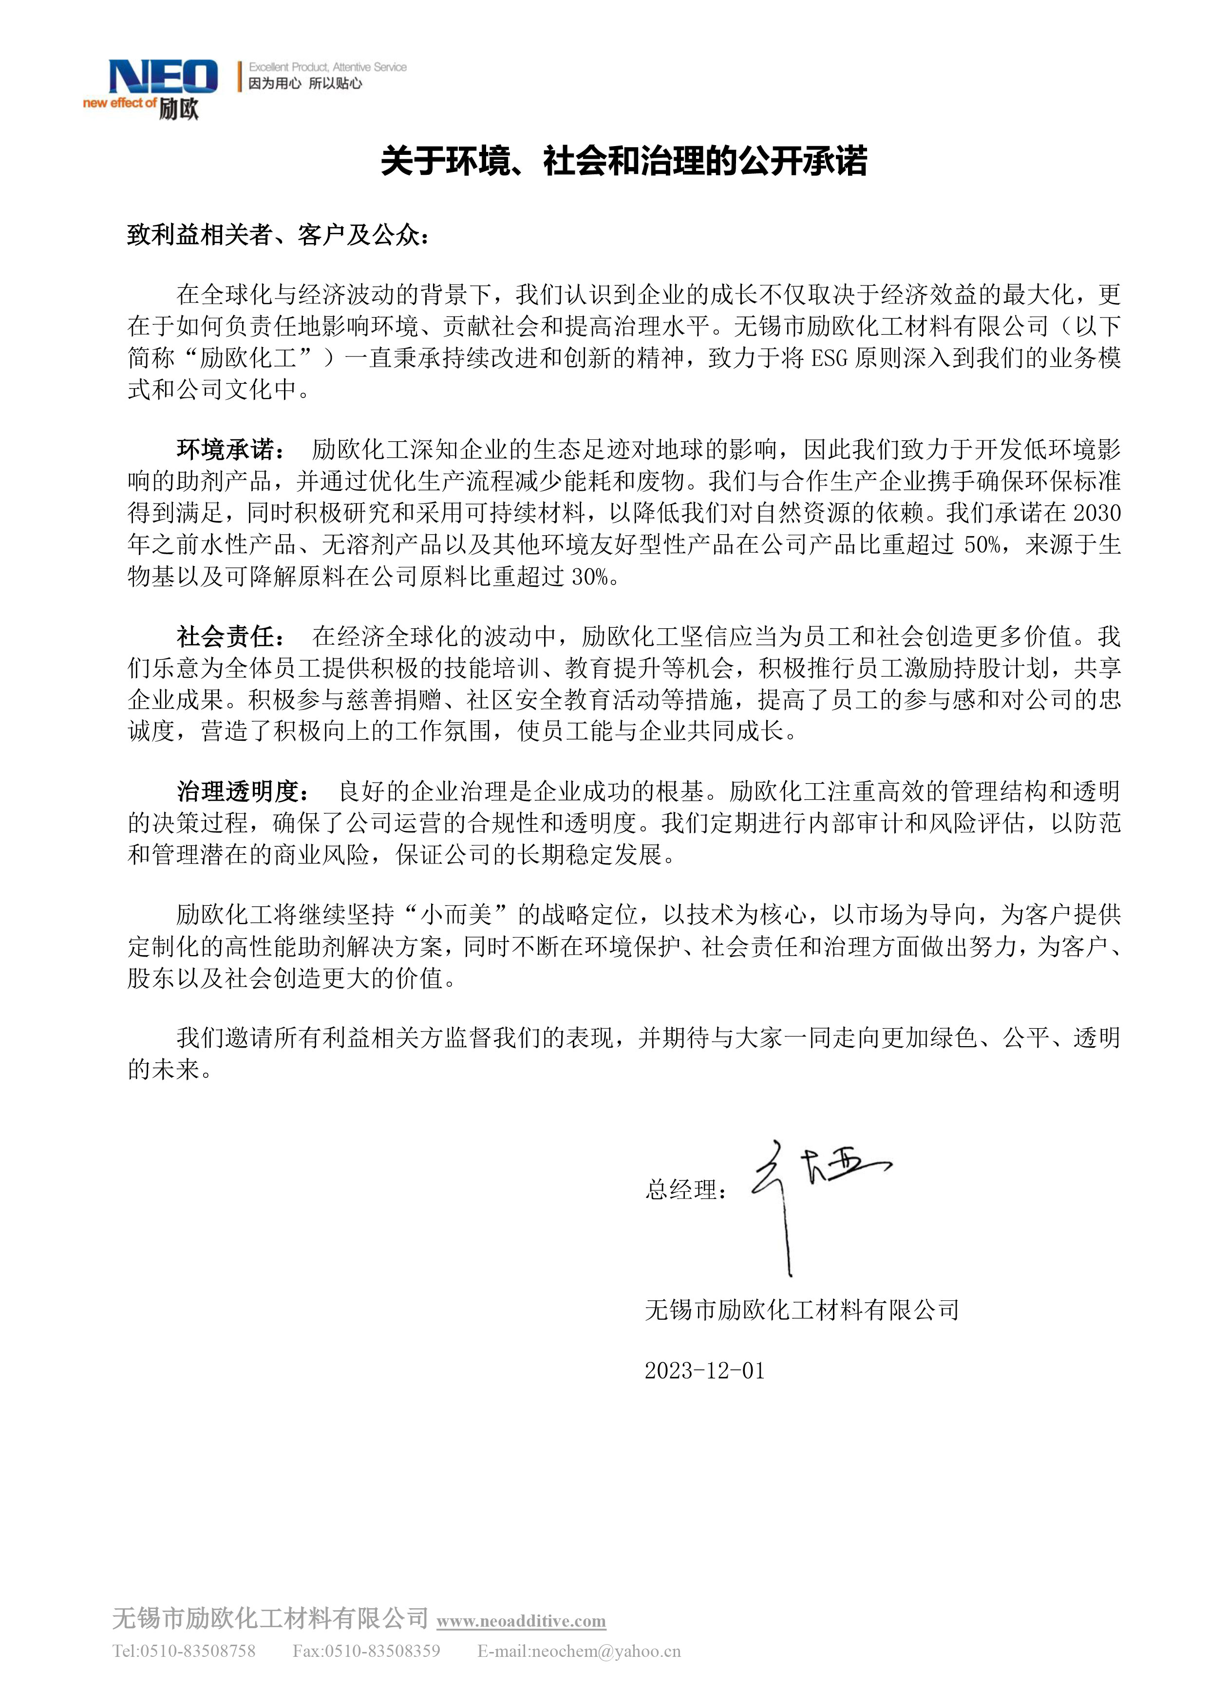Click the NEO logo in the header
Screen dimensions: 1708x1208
pos(162,78)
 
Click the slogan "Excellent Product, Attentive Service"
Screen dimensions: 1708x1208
pos(327,67)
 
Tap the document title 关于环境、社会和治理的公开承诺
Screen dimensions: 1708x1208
pos(623,161)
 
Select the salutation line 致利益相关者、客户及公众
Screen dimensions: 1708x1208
pos(277,235)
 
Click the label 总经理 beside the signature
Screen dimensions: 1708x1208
pos(683,1189)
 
